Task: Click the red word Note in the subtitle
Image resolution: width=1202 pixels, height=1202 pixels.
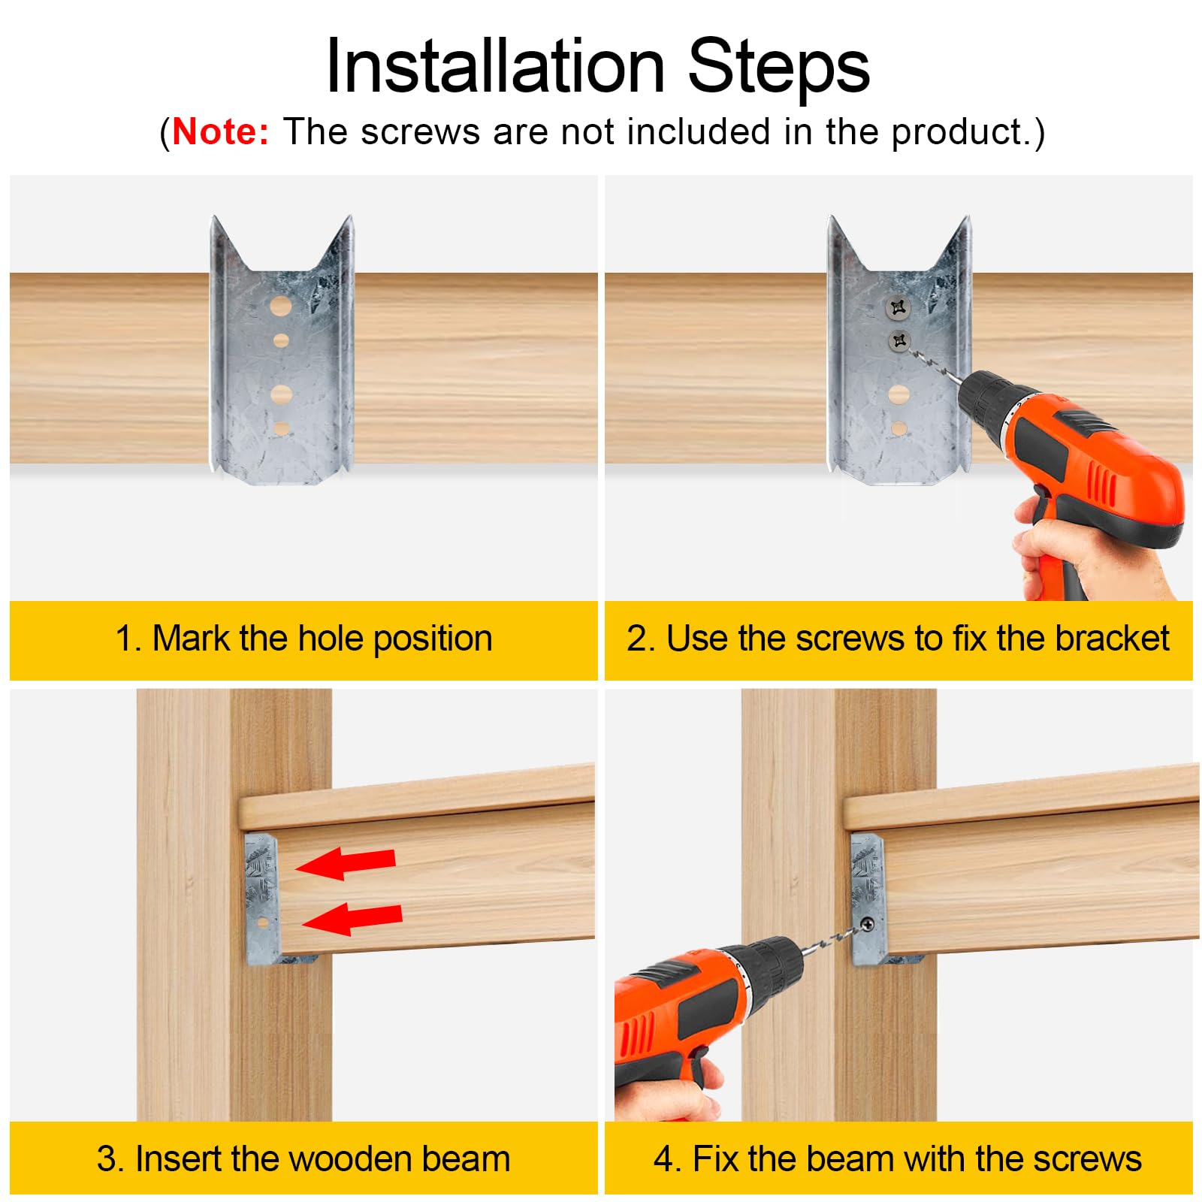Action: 220,132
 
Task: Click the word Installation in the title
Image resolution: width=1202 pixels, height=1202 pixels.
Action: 495,68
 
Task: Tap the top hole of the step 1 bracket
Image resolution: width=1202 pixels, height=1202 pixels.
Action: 280,306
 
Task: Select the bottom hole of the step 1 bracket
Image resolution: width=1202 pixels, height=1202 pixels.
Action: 282,428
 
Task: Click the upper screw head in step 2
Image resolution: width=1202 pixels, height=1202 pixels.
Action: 898,307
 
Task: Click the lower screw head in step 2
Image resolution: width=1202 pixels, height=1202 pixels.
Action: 899,342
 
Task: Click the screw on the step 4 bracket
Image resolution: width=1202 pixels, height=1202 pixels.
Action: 867,924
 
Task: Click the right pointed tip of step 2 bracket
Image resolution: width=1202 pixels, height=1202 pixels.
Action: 966,222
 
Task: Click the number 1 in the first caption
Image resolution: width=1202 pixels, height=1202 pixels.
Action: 124,639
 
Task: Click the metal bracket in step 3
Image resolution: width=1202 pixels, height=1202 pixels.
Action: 262,898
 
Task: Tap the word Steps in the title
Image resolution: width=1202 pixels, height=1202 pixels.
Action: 778,68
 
